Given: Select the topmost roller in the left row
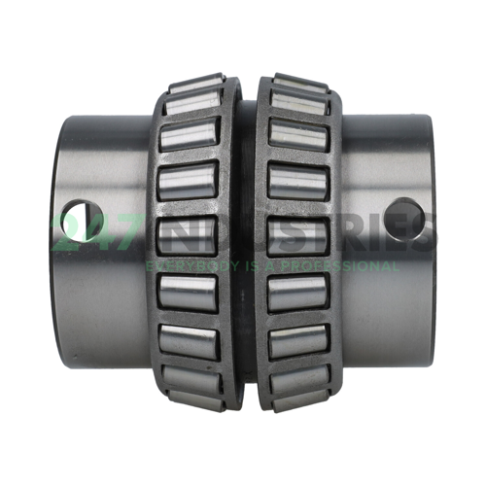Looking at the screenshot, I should [x=192, y=94].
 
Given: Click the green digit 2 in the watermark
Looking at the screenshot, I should [x=70, y=235].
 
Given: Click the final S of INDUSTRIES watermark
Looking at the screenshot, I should [x=424, y=235].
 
